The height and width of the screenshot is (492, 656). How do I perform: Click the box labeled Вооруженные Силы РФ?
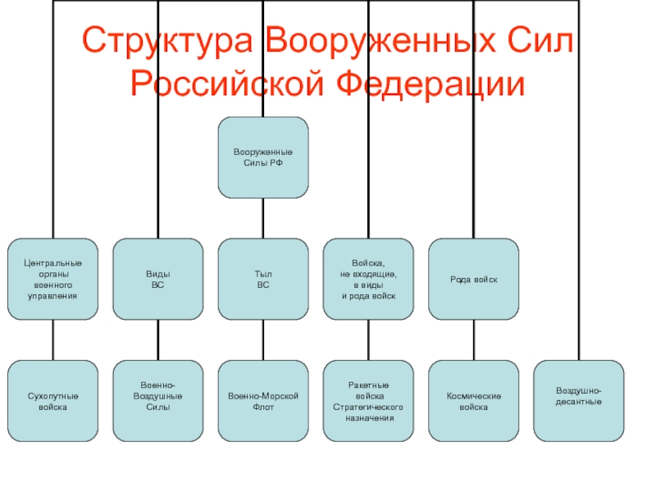pos(263,157)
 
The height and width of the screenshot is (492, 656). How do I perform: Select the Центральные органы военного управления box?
pos(52,279)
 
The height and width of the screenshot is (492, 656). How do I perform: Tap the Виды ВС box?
pos(158,279)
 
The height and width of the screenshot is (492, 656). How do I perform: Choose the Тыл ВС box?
pos(263,279)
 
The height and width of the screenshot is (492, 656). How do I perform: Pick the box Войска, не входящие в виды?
pos(368,279)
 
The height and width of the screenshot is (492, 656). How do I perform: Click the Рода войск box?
pos(474,279)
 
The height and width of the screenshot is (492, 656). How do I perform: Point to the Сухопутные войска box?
pos(52,401)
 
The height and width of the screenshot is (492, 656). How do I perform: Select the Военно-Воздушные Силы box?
pos(158,401)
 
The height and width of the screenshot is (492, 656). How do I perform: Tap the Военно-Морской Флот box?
pos(263,401)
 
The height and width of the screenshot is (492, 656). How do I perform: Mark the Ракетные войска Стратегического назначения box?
pos(368,401)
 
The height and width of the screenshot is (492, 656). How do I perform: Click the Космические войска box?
pos(474,401)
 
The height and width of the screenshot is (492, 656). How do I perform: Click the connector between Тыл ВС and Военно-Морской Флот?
pos(263,340)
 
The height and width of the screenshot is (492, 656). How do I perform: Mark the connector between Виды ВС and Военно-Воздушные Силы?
pos(158,340)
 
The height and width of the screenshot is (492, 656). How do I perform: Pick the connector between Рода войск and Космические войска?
pos(474,340)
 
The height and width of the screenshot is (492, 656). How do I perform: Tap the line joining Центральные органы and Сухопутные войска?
pos(52,340)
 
